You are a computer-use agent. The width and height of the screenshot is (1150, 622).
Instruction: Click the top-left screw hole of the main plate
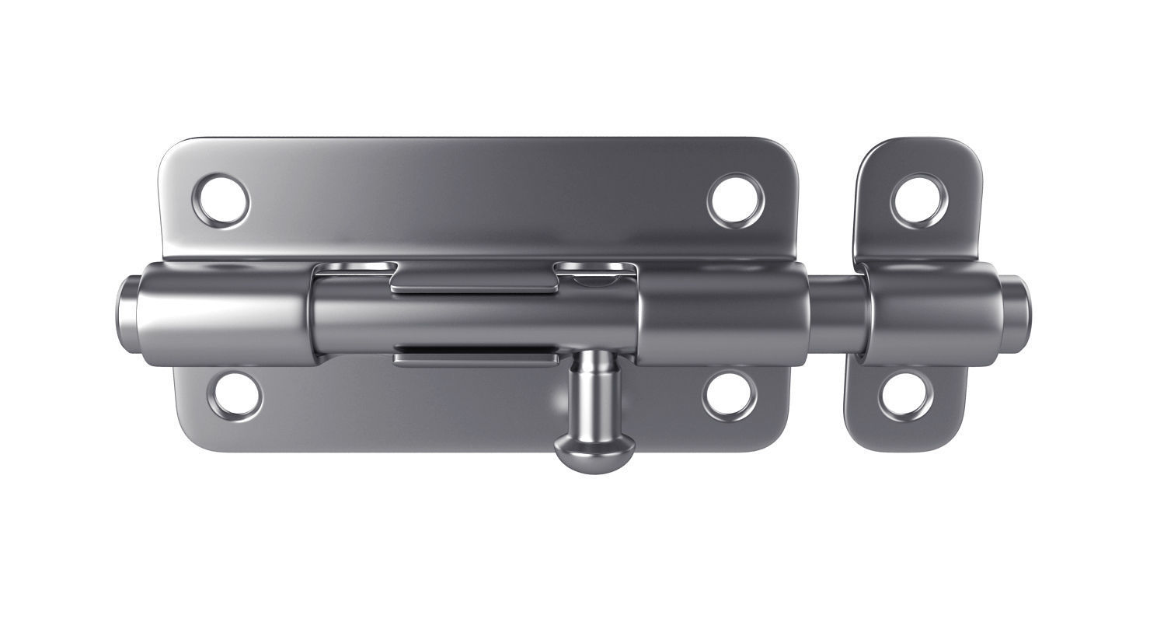(223, 200)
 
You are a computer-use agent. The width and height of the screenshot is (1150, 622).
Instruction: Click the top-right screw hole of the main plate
(735, 200)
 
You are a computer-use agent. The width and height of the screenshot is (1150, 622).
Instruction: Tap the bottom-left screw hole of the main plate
(235, 395)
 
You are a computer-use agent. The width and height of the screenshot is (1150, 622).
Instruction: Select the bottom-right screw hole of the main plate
(730, 395)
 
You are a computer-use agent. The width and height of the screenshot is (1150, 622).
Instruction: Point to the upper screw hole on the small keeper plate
(919, 201)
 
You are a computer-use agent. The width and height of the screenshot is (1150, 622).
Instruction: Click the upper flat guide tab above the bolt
(474, 280)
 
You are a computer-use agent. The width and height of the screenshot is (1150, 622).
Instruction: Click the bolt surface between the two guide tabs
(474, 319)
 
